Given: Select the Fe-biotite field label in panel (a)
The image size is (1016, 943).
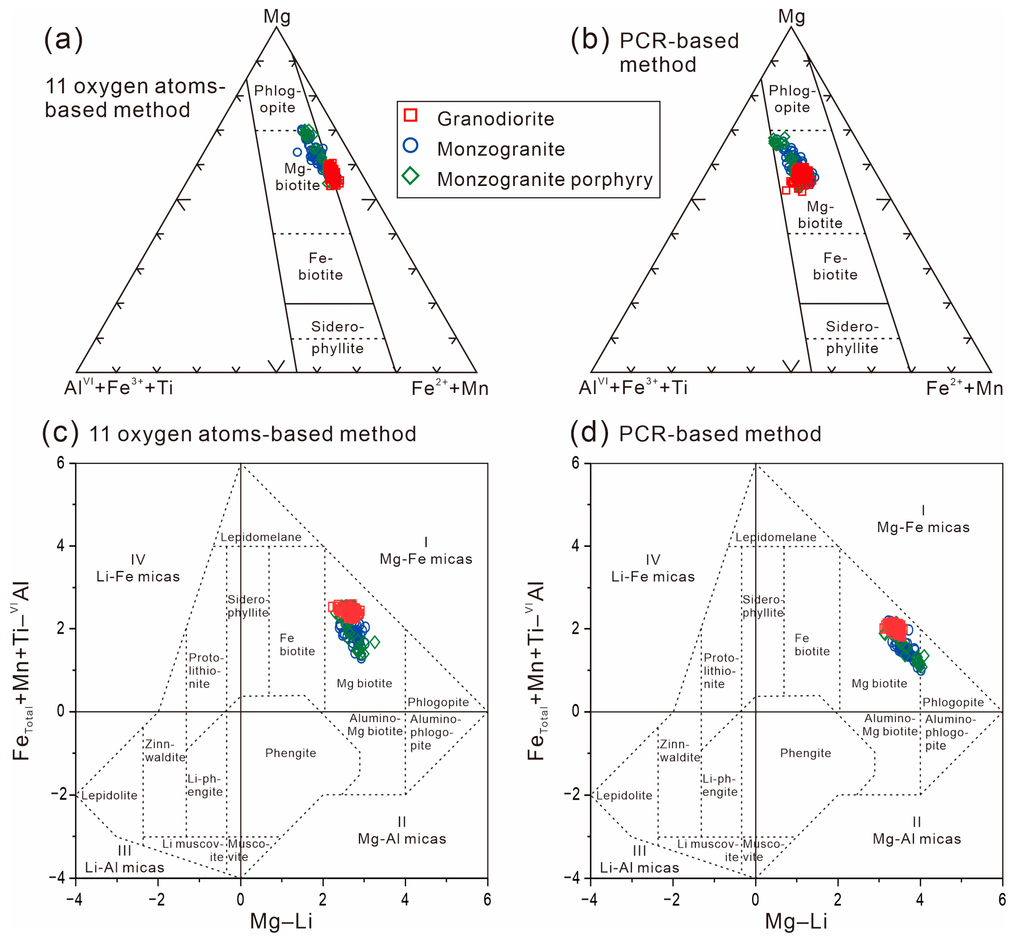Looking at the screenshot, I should coord(320,266).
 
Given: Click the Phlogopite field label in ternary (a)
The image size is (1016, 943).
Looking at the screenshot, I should coord(277,99).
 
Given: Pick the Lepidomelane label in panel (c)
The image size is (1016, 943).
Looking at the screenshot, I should coord(261,537).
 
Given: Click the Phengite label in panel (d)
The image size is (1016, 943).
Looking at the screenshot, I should coord(805,753).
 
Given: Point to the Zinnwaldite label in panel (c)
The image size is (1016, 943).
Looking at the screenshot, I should coord(165,750).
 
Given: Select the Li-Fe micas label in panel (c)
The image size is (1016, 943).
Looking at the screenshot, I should coord(138,568).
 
